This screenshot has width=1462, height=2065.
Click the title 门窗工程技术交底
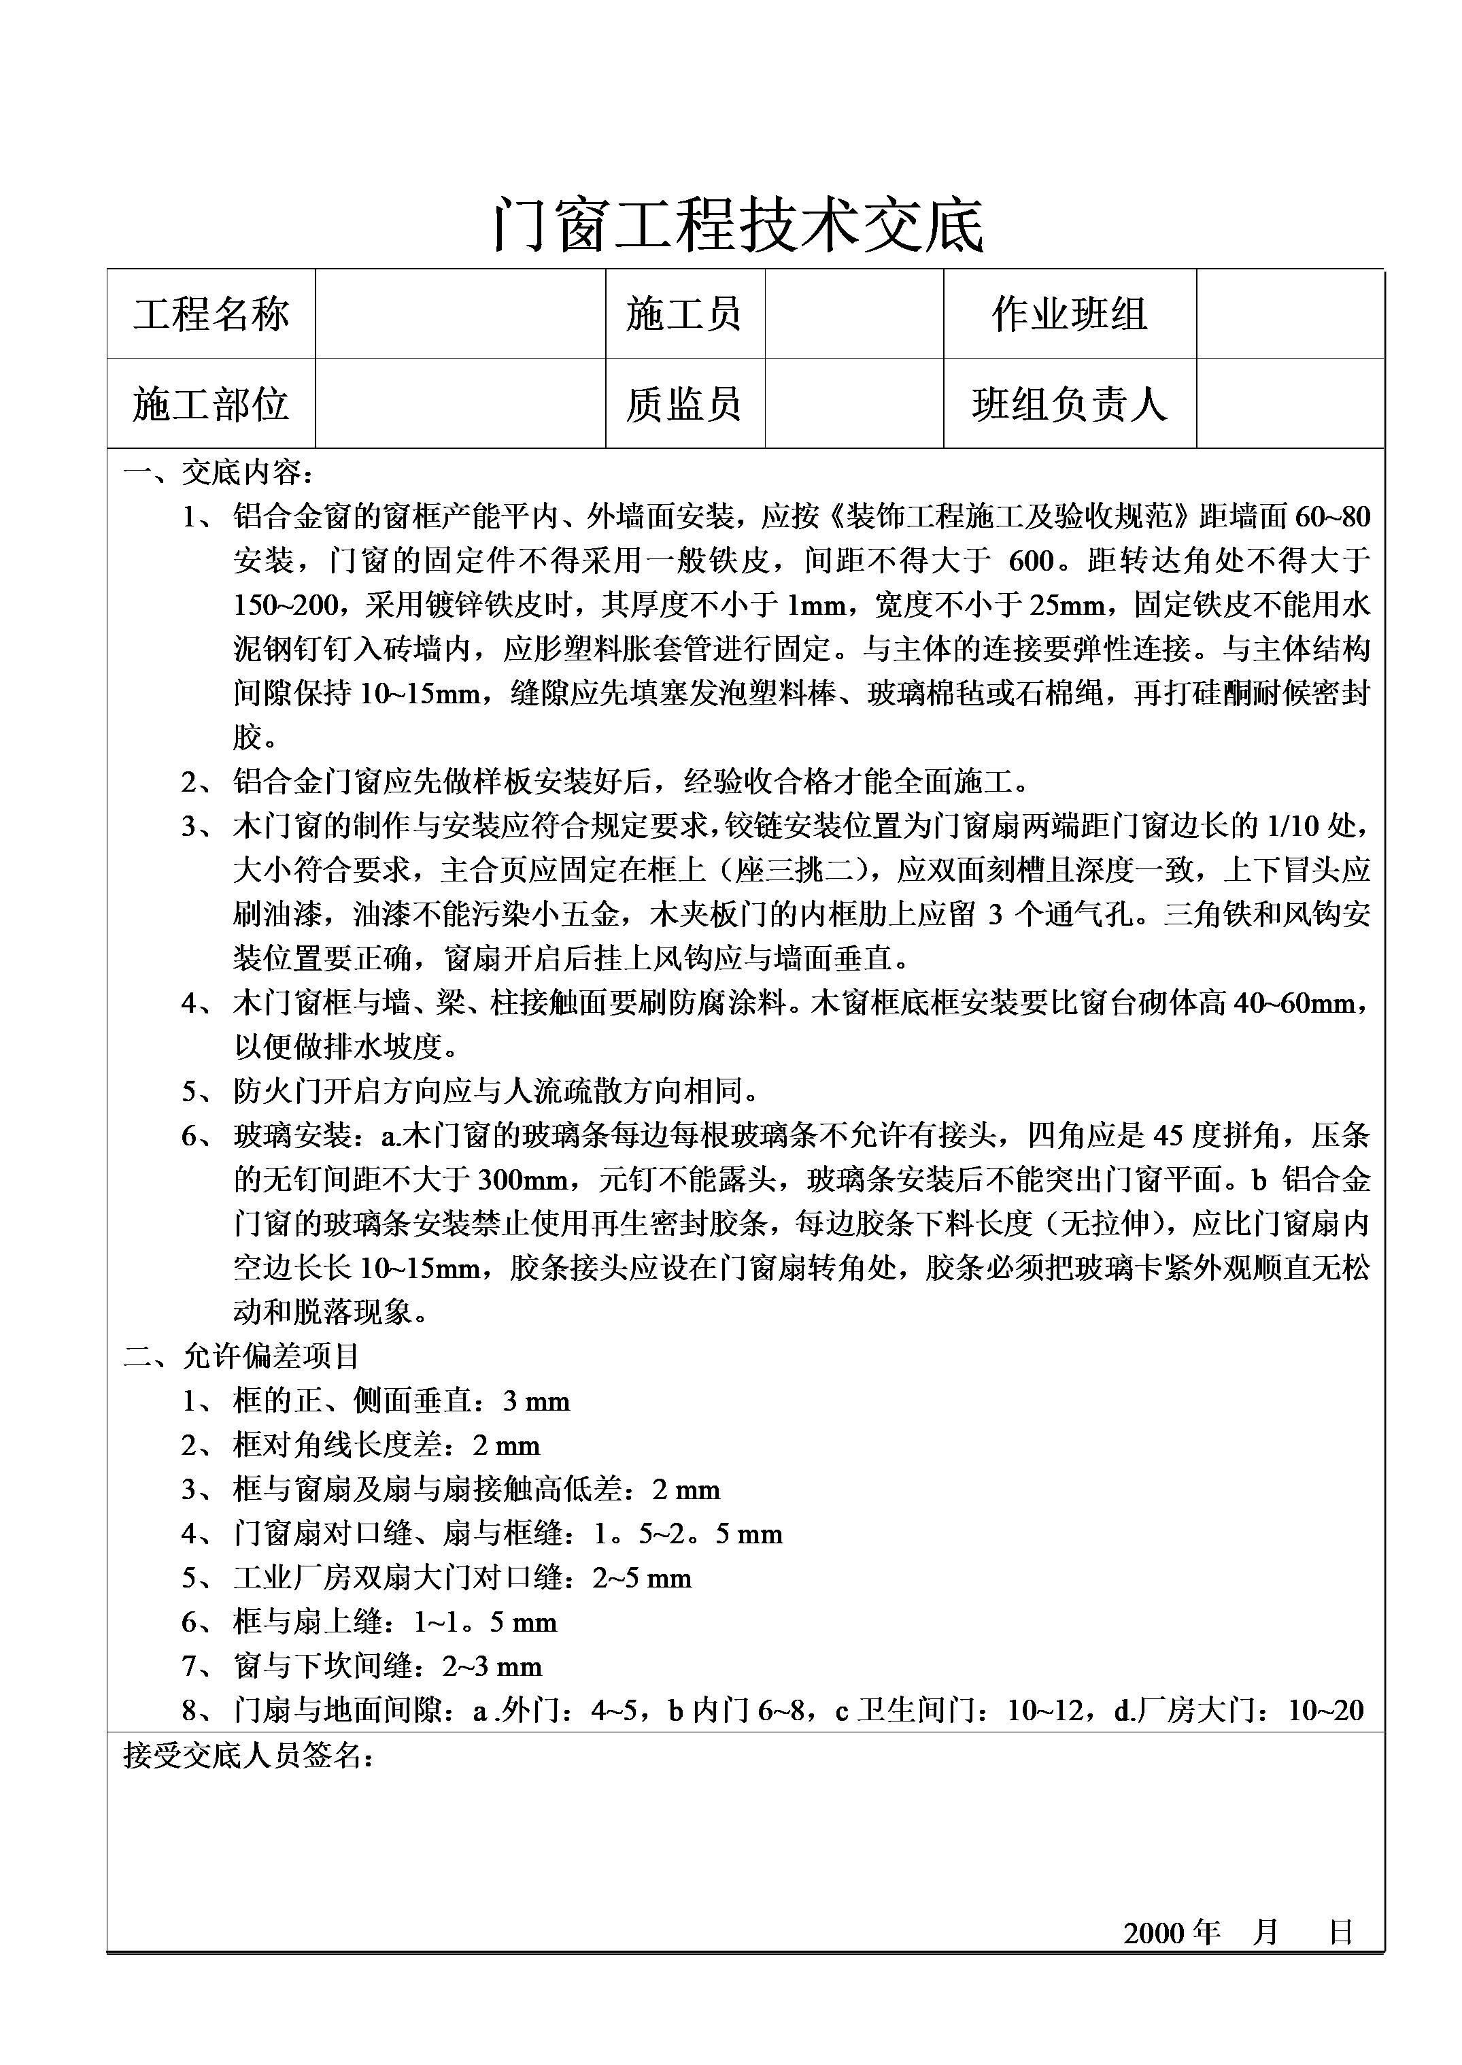coord(738,225)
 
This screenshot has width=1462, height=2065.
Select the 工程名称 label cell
coord(211,314)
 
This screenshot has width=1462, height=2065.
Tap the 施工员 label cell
coord(684,314)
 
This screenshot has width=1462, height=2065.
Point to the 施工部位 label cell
coord(211,404)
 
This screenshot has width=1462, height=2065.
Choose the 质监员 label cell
coord(684,404)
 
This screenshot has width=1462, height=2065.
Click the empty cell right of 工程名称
coord(460,314)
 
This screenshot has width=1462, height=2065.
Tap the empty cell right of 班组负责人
coord(1289,404)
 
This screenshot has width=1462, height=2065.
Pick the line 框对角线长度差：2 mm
coord(386,1445)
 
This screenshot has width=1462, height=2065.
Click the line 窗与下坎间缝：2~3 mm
coord(387,1665)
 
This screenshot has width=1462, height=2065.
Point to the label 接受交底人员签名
coord(248,1754)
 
